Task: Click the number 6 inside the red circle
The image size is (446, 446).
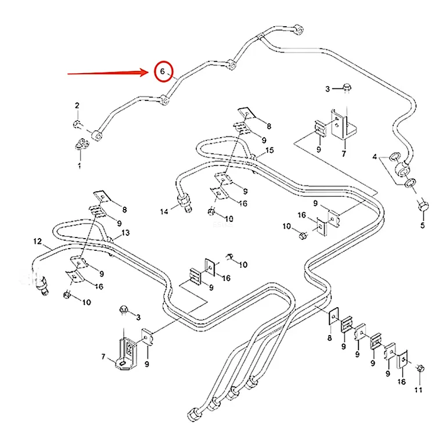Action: coord(163,71)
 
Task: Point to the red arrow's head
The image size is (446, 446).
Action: coord(145,73)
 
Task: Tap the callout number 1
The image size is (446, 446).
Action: coord(80,166)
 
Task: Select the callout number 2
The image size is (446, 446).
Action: coord(77,106)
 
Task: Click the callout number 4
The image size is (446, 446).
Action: coord(375,156)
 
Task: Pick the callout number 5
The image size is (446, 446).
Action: coord(423,225)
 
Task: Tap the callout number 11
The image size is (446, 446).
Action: coord(418,390)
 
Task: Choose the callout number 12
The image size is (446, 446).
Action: coord(38,242)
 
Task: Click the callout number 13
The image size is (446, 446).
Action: coord(125,233)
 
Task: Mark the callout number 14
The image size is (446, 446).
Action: coord(164,211)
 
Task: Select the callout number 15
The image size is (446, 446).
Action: coord(269,150)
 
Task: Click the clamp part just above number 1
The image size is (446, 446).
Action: coord(82,144)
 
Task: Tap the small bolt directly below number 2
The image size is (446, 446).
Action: coord(77,124)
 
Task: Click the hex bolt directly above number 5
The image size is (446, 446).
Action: coord(423,206)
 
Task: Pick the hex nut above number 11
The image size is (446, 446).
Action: coord(420,369)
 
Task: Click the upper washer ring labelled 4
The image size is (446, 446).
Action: coord(395,156)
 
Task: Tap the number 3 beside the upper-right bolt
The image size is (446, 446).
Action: coord(328,89)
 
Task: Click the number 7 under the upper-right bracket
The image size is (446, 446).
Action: coord(344,154)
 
